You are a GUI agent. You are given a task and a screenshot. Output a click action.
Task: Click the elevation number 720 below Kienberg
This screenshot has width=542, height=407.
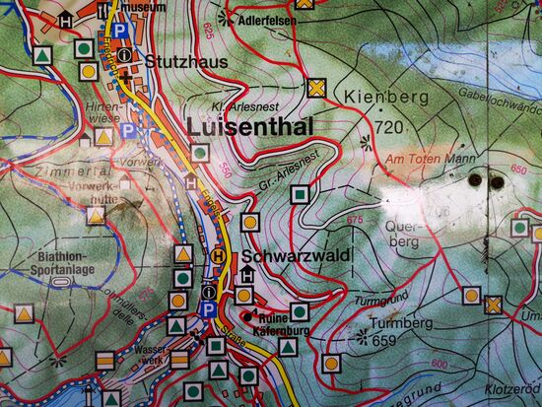pyautogui.click(x=389, y=128)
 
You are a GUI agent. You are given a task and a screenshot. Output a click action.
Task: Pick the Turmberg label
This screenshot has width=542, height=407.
pyautogui.click(x=394, y=323)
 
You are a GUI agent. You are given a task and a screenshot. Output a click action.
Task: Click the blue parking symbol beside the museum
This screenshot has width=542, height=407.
pyautogui.click(x=119, y=32)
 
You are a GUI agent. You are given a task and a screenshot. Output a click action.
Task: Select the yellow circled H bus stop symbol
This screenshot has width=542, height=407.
pyautogui.click(x=218, y=255)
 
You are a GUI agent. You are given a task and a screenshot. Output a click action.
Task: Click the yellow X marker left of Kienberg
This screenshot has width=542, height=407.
pyautogui.click(x=315, y=88)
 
